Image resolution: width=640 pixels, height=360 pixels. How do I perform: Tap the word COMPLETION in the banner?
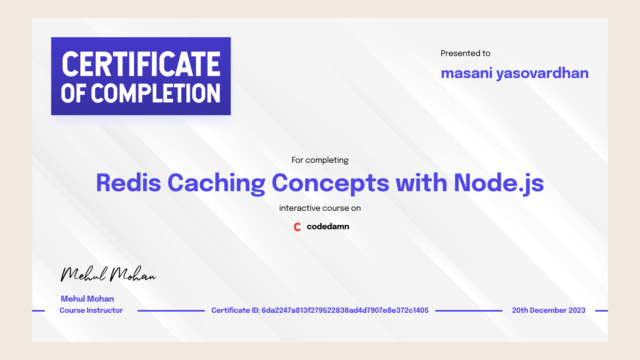(156, 94)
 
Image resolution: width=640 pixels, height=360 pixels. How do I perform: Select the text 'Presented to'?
(465, 53)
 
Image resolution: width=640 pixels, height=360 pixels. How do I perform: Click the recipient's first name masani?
(466, 73)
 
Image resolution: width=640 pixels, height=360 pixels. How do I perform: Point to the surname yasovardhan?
(542, 73)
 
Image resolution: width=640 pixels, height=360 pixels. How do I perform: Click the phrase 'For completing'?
(320, 160)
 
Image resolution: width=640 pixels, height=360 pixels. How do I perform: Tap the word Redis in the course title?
(128, 183)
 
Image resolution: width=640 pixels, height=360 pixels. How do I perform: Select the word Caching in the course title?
(216, 183)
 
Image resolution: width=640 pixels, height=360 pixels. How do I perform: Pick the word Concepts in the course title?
(330, 183)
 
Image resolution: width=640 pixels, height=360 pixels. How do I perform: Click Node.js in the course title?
(498, 183)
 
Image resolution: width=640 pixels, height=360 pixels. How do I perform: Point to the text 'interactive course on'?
(320, 208)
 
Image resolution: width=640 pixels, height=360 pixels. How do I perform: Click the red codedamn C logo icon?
(297, 227)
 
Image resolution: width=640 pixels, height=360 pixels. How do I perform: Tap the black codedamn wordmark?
(328, 226)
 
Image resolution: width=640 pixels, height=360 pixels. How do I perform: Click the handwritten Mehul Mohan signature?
(108, 274)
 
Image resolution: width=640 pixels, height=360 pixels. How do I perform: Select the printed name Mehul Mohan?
(87, 299)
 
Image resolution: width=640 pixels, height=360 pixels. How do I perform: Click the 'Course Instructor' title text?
(91, 310)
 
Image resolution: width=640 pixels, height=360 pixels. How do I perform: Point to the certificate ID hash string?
(345, 310)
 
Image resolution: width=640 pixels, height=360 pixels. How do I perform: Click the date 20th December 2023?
(548, 310)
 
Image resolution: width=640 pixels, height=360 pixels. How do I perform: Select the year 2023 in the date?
(577, 310)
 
